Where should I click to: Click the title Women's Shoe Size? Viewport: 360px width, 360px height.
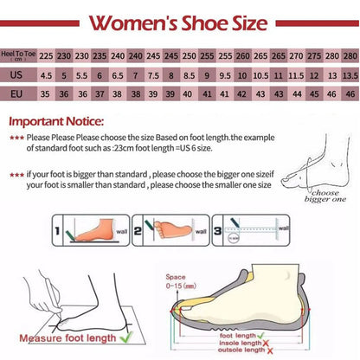pos(179,21)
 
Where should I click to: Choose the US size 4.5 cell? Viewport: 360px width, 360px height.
pos(46,75)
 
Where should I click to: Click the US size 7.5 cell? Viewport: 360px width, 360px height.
pos(152,75)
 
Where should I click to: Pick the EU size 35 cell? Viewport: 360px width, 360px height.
pos(46,93)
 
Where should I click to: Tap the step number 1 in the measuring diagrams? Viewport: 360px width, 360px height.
pos(57,232)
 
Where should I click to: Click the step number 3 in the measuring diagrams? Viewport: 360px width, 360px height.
pos(215,232)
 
